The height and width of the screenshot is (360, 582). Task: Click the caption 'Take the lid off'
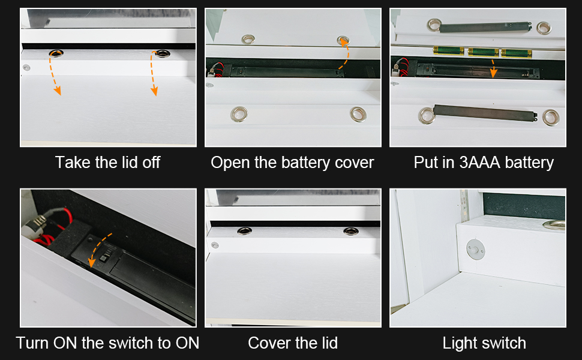[107, 163]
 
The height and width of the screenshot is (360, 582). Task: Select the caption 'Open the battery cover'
[292, 163]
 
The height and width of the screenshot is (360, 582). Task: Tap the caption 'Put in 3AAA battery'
[484, 163]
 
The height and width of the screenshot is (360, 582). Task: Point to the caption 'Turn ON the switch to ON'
[107, 343]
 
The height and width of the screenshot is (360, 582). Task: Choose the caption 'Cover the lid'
[293, 343]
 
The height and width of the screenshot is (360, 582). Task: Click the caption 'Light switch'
[484, 343]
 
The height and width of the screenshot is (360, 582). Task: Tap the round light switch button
[475, 249]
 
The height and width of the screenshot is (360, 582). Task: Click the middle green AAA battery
[483, 52]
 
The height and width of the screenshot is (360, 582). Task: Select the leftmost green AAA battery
[449, 50]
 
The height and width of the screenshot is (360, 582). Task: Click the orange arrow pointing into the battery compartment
[493, 68]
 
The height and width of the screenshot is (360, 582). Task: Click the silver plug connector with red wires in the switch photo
[35, 225]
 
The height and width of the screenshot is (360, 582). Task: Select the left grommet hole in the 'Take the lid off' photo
[56, 53]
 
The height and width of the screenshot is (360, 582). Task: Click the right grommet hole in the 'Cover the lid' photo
[351, 232]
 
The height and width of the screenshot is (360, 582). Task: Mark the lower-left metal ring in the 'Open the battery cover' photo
[239, 115]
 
